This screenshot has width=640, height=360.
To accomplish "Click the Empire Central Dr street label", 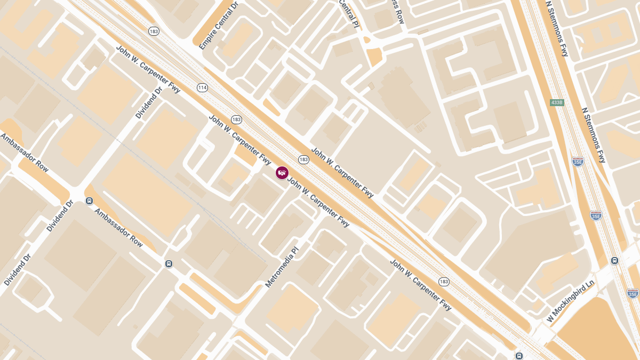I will point(219,26).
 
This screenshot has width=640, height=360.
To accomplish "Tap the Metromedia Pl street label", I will point(283,267).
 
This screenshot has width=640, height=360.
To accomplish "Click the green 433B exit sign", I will point(557,102).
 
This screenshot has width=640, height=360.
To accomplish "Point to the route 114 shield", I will point(202,87).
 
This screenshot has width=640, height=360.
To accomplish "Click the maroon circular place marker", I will point(282,172).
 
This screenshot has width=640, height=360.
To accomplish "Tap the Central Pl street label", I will point(348,13).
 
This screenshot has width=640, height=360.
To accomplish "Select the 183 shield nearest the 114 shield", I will point(236,119).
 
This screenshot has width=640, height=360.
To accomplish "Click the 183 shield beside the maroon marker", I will point(303,159).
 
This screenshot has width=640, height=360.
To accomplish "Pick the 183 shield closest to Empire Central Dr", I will point(154,31).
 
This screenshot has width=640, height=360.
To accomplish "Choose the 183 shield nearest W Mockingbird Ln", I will point(444,281).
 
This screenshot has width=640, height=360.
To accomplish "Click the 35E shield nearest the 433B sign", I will point(578,161).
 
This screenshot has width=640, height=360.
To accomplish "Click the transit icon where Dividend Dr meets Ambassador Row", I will point(89,201).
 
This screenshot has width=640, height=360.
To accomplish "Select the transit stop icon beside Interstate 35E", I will point(614,261).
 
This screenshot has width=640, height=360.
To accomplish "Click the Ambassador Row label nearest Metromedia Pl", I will point(119,227).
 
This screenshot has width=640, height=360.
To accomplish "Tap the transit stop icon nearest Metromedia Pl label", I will point(169,263).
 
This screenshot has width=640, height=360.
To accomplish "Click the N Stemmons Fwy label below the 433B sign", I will point(594,135).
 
